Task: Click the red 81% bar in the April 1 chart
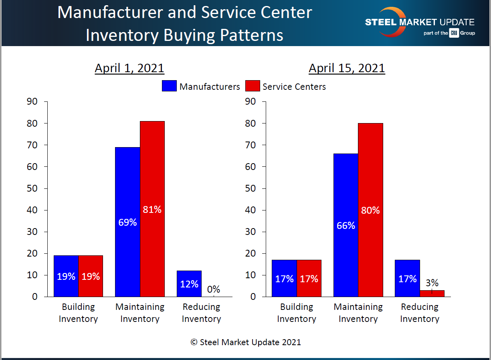152,208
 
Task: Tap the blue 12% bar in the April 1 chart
189,283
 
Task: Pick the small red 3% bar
432,293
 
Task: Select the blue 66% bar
346,225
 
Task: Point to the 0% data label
214,289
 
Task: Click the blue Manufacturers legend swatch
169,86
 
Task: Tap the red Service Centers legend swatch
252,86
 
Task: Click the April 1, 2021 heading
129,68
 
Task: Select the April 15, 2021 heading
347,68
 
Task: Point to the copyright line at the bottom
245,342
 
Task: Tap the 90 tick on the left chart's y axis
32,101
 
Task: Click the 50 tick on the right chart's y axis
250,188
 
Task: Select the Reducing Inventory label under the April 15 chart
420,313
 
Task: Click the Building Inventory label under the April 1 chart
78,313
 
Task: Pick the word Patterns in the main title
251,35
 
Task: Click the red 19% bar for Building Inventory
91,276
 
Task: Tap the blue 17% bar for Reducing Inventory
407,278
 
